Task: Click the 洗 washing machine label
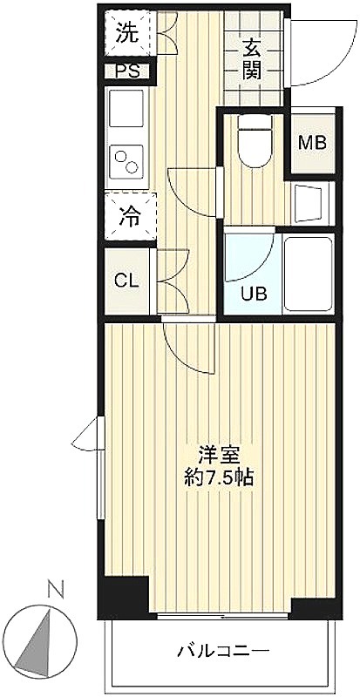[127, 34]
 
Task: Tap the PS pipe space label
[127, 71]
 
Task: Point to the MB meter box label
[312, 143]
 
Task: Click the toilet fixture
[255, 141]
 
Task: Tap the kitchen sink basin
[126, 108]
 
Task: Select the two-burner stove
[126, 162]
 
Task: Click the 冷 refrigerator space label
[129, 217]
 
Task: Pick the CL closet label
[126, 281]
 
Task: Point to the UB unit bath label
[254, 294]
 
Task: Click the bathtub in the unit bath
[308, 274]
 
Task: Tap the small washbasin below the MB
[309, 203]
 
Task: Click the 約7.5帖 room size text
[220, 477]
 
